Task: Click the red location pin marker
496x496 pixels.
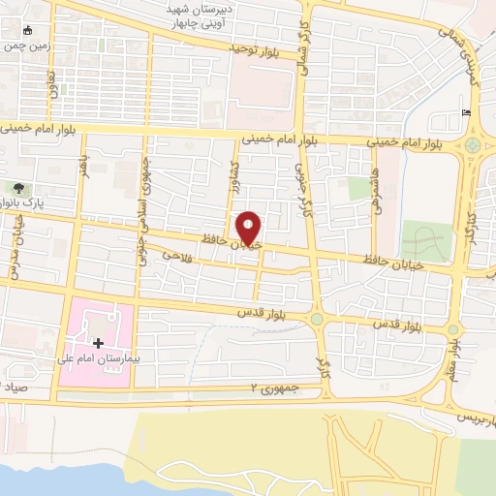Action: pyautogui.click(x=249, y=228)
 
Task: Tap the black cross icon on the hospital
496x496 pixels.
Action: pyautogui.click(x=98, y=343)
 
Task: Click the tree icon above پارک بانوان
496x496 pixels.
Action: pyautogui.click(x=17, y=188)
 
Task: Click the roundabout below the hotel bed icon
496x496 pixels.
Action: pyautogui.click(x=474, y=145)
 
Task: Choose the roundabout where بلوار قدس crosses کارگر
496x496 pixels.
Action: pyautogui.click(x=317, y=318)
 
